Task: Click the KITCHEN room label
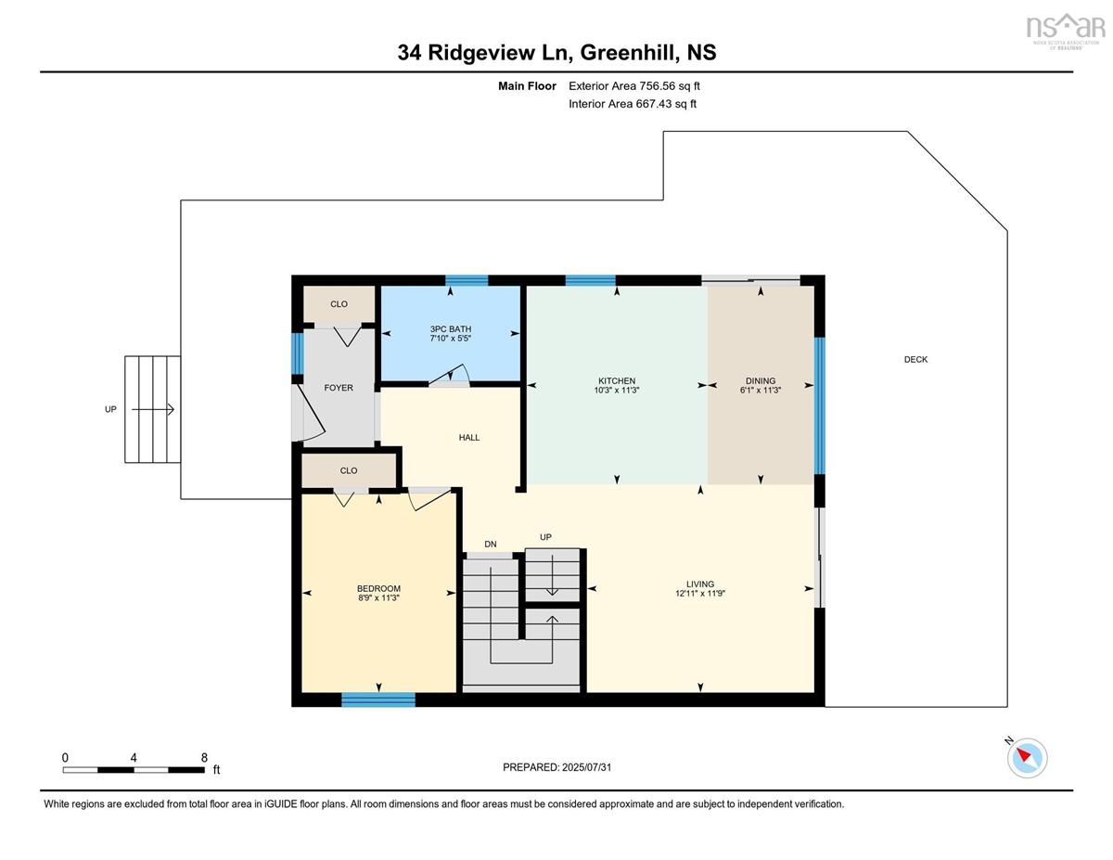click(x=617, y=380)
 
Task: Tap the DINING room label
click(x=761, y=380)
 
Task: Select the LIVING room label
click(x=699, y=584)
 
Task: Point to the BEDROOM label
click(x=378, y=588)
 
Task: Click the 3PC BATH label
click(x=450, y=328)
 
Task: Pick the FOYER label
click(x=339, y=388)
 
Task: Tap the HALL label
click(x=469, y=438)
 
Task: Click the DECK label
click(x=915, y=360)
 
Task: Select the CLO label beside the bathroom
click(x=339, y=304)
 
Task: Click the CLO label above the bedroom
click(x=349, y=470)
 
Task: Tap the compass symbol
click(x=1027, y=758)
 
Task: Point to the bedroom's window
click(x=378, y=700)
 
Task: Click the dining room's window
click(x=820, y=405)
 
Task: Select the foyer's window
click(x=297, y=353)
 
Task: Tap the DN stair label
click(x=490, y=544)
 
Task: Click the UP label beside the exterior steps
click(x=110, y=409)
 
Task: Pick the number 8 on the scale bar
click(x=204, y=758)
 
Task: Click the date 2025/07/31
click(x=586, y=767)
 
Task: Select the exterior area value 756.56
click(x=658, y=86)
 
